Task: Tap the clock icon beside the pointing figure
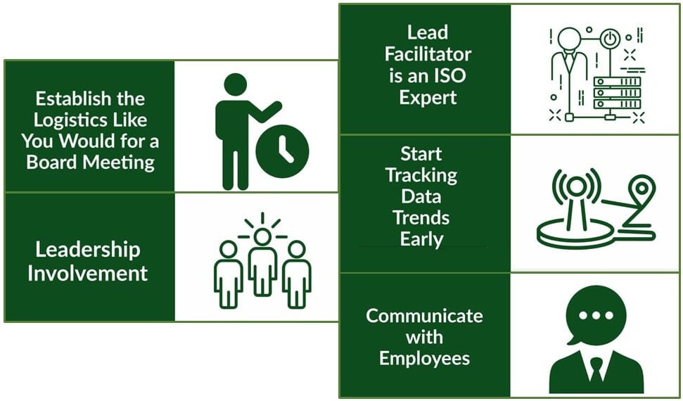click(282, 149)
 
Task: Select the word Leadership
click(88, 249)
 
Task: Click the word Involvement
click(88, 273)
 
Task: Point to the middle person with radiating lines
click(262, 264)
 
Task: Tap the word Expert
click(428, 97)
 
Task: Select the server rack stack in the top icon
click(618, 93)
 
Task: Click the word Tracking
click(421, 174)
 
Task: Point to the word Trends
click(421, 217)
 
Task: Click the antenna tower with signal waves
click(575, 193)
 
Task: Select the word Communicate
click(424, 315)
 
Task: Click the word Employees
click(424, 358)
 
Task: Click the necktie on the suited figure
click(596, 369)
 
